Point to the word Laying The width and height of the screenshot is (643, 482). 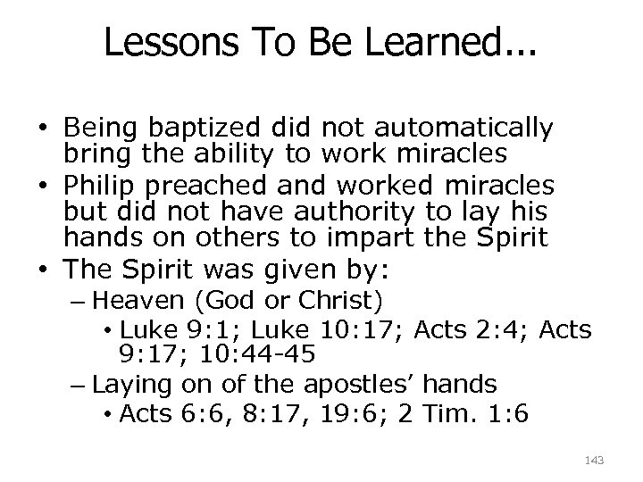pyautogui.click(x=133, y=385)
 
